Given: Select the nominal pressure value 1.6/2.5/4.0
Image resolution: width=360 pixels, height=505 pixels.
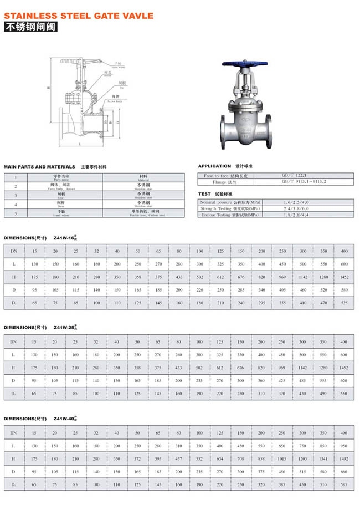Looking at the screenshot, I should point(296,202).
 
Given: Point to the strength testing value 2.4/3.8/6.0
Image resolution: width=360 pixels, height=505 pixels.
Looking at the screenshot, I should point(296,208).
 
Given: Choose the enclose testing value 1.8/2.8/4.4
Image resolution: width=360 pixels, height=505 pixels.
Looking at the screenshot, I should point(296,215).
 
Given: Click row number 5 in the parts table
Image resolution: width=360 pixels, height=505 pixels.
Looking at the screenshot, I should point(16,213).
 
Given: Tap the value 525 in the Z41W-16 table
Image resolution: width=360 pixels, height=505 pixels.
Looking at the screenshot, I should point(344,303).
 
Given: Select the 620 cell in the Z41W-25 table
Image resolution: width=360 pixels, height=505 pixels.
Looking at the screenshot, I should point(344,381).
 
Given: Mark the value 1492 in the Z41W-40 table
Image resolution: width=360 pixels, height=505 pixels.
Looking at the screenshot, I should point(344,458).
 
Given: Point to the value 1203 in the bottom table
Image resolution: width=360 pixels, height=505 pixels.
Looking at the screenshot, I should point(302,458).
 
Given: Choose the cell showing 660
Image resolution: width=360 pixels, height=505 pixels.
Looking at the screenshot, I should point(344,472).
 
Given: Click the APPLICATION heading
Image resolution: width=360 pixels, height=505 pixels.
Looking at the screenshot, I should point(214,166).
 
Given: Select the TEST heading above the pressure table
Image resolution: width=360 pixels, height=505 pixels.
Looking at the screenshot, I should point(204,193).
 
